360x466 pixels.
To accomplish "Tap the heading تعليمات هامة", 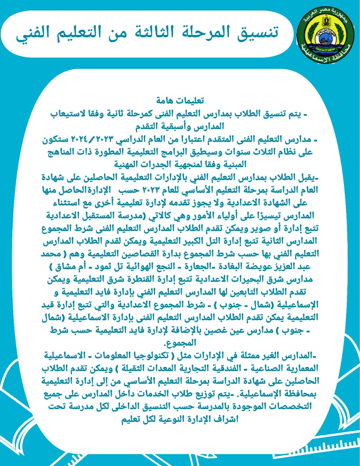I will (x=180, y=100).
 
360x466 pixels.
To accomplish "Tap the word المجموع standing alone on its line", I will (x=181, y=343).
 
